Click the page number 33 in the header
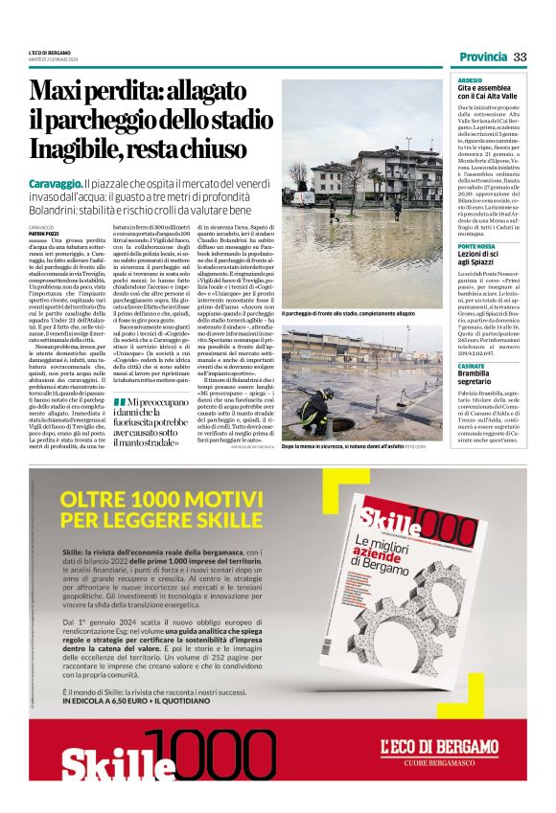pyautogui.click(x=521, y=56)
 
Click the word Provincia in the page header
pyautogui.click(x=481, y=56)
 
